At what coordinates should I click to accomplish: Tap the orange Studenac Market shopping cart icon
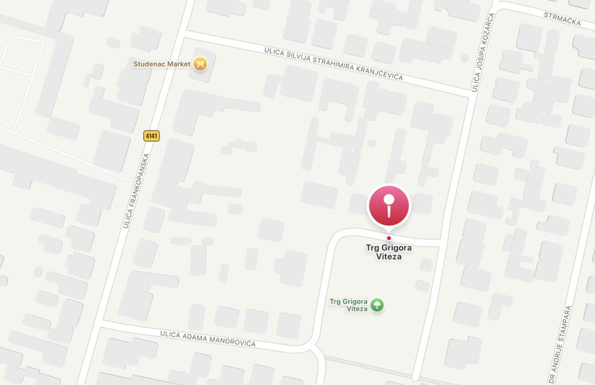[x=200, y=63]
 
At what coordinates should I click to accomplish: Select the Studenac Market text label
[x=161, y=64]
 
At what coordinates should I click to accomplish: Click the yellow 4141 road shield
[x=151, y=136]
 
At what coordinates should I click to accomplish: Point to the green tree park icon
[x=377, y=305]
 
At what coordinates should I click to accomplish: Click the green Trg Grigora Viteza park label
[x=348, y=305]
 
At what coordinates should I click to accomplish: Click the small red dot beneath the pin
[x=389, y=238]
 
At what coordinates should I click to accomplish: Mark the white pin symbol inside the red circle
[x=389, y=205]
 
